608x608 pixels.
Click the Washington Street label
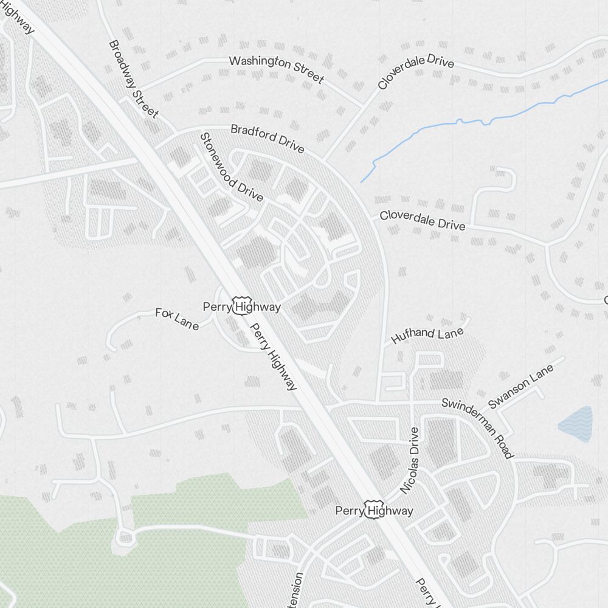pyautogui.click(x=277, y=69)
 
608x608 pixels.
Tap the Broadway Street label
pyautogui.click(x=134, y=79)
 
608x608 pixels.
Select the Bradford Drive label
pyautogui.click(x=267, y=139)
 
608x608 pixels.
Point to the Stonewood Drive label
pyautogui.click(x=232, y=167)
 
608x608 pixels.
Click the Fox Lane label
pyautogui.click(x=177, y=319)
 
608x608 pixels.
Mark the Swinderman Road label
pyautogui.click(x=478, y=428)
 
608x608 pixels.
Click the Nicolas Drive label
pyautogui.click(x=410, y=460)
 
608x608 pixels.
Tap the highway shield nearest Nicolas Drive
pyautogui.click(x=372, y=510)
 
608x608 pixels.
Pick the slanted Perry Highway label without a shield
pyautogui.click(x=274, y=356)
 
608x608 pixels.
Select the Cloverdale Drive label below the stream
pyautogui.click(x=423, y=221)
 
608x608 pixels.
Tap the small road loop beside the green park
pyautogui.click(x=125, y=536)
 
